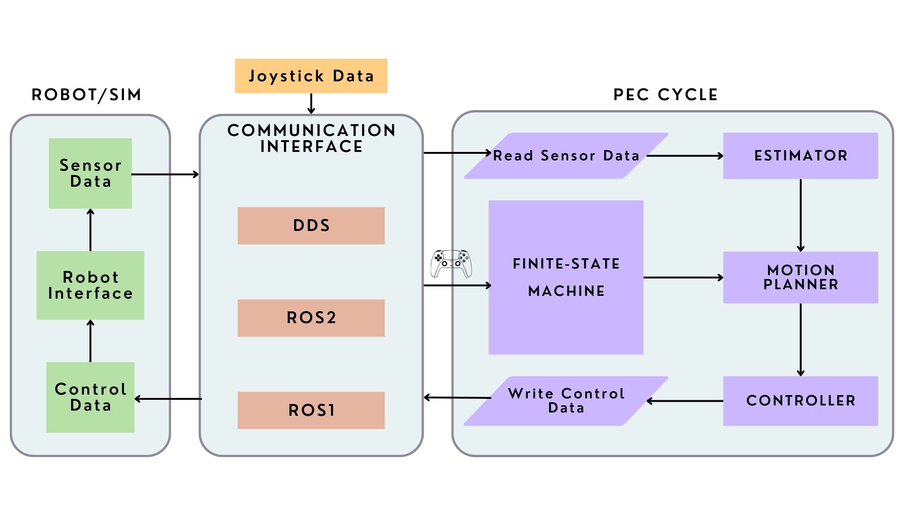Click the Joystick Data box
pos(311,76)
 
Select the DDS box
pos(311,225)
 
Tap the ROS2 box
pos(311,318)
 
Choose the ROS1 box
pos(311,410)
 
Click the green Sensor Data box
pos(90,173)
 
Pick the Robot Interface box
pos(90,285)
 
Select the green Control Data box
pos(90,397)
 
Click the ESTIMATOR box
pos(800,156)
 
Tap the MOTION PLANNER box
pos(800,277)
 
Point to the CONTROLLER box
pos(800,401)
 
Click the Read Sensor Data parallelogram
pos(566,156)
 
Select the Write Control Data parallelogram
pos(566,401)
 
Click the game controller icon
pos(451,263)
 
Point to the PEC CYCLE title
pos(665,95)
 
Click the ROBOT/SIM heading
pos(86,95)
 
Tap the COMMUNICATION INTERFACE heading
pos(311,138)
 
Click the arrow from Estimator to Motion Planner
pos(800,215)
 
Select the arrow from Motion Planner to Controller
pos(800,339)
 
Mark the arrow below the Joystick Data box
pos(311,103)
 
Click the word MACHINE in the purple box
pos(566,291)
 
